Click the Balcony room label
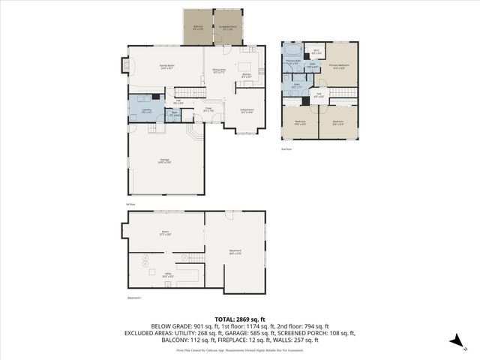198,27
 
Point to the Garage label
163,162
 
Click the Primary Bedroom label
338,66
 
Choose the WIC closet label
316,52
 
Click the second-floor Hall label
318,95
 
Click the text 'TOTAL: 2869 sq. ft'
239,319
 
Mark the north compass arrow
454,339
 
